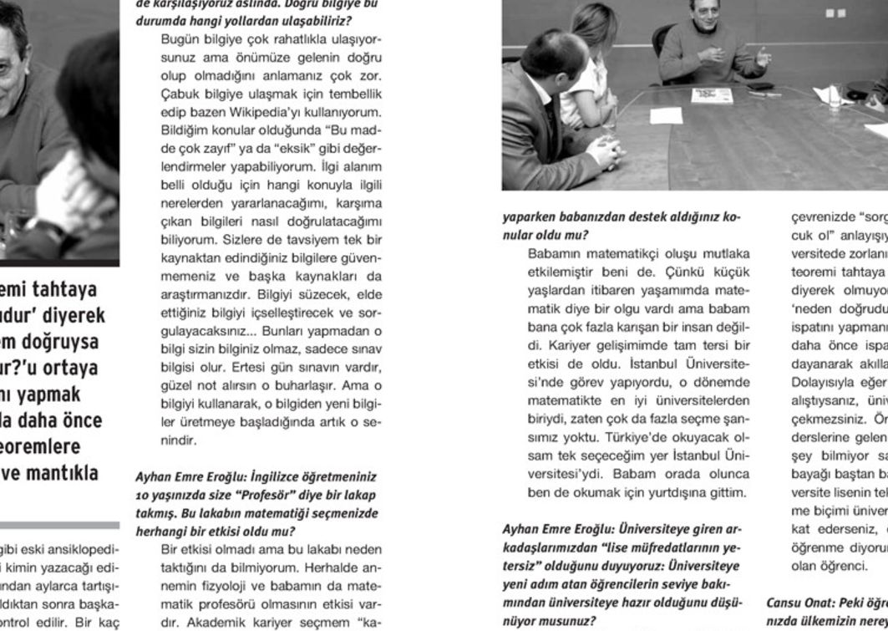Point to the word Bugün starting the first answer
[178, 39]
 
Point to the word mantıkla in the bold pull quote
[64, 473]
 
